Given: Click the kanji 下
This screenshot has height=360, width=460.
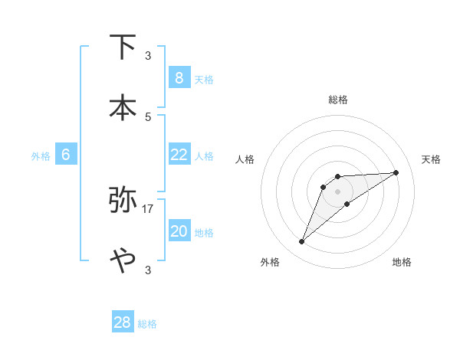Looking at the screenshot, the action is coord(123,47).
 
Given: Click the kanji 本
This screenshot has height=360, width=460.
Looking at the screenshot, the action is coord(123,106).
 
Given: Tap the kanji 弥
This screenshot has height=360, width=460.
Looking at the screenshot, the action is coord(123,199).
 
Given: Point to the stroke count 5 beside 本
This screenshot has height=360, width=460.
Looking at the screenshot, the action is coord(148,116).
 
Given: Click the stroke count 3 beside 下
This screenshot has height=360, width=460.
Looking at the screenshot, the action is coord(148,56).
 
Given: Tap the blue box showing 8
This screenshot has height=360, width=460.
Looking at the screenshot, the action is coord(179,77).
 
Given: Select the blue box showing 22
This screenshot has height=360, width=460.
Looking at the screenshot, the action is coord(179,155).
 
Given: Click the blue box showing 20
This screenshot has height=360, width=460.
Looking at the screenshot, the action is coord(179,231).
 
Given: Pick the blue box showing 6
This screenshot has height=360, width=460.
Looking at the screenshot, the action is coord(66,155).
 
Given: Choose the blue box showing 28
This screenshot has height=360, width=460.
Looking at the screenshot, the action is coord(123,322).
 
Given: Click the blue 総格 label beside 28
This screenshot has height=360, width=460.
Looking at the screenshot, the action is coord(147,324).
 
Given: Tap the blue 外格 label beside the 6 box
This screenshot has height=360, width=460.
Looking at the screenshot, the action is coord(41,156).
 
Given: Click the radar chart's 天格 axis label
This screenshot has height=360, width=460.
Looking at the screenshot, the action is coord(432,159).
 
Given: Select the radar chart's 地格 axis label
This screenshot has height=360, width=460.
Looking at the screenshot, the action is coord(402,262).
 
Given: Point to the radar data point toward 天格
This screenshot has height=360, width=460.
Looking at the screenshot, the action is coord(396,172).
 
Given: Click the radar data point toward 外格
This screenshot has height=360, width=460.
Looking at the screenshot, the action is coord(302,242).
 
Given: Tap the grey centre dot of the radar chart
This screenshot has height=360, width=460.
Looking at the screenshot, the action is coord(337,191).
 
